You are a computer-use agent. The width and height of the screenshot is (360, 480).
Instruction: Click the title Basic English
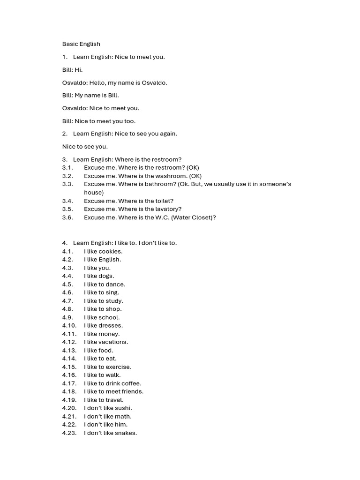pos(81,44)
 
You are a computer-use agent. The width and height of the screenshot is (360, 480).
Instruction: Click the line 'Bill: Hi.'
pos(72,70)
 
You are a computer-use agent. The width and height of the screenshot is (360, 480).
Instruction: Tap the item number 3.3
pos(67,184)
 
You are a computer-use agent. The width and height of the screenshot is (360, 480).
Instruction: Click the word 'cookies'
pos(110,251)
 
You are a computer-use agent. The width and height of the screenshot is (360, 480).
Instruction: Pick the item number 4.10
pos(69,325)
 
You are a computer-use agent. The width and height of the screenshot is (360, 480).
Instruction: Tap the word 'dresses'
pos(111,325)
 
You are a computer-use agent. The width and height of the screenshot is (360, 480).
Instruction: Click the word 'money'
pos(109,334)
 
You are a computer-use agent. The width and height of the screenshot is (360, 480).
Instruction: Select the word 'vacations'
pos(113,342)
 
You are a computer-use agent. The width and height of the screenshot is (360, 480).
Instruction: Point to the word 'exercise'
pos(119,367)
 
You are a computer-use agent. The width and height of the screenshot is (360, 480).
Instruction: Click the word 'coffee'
pos(131,383)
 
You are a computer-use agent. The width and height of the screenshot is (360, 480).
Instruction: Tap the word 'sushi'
pos(123,408)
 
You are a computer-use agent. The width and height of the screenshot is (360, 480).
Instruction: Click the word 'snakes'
pos(126,433)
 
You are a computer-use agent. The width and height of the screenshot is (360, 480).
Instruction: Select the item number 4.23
pos(69,433)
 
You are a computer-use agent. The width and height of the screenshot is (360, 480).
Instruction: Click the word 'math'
pos(123,416)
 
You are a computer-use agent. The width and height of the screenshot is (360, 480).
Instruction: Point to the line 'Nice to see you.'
pos(85,146)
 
